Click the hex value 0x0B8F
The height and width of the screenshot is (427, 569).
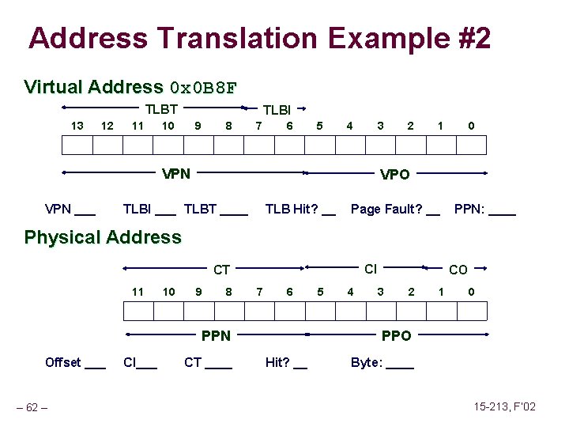(203, 88)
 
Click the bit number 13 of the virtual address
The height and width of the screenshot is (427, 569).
(77, 126)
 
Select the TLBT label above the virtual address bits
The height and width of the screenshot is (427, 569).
(160, 109)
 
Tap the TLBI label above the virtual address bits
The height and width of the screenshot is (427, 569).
(277, 110)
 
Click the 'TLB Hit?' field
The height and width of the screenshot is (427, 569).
(300, 210)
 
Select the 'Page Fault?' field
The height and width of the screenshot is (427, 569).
(395, 210)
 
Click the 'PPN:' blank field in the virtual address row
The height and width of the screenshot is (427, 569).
(485, 210)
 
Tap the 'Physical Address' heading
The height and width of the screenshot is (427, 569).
(103, 237)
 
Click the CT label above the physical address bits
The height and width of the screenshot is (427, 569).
(222, 270)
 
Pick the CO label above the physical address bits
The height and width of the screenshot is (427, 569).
(458, 270)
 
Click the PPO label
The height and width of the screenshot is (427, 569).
(396, 336)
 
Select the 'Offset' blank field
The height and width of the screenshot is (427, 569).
(75, 363)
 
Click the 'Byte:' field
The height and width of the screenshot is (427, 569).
(382, 363)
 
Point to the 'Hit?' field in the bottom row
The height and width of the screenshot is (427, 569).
(286, 363)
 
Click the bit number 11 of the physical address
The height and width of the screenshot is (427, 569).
(138, 292)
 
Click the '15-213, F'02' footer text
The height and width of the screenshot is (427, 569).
(504, 406)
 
